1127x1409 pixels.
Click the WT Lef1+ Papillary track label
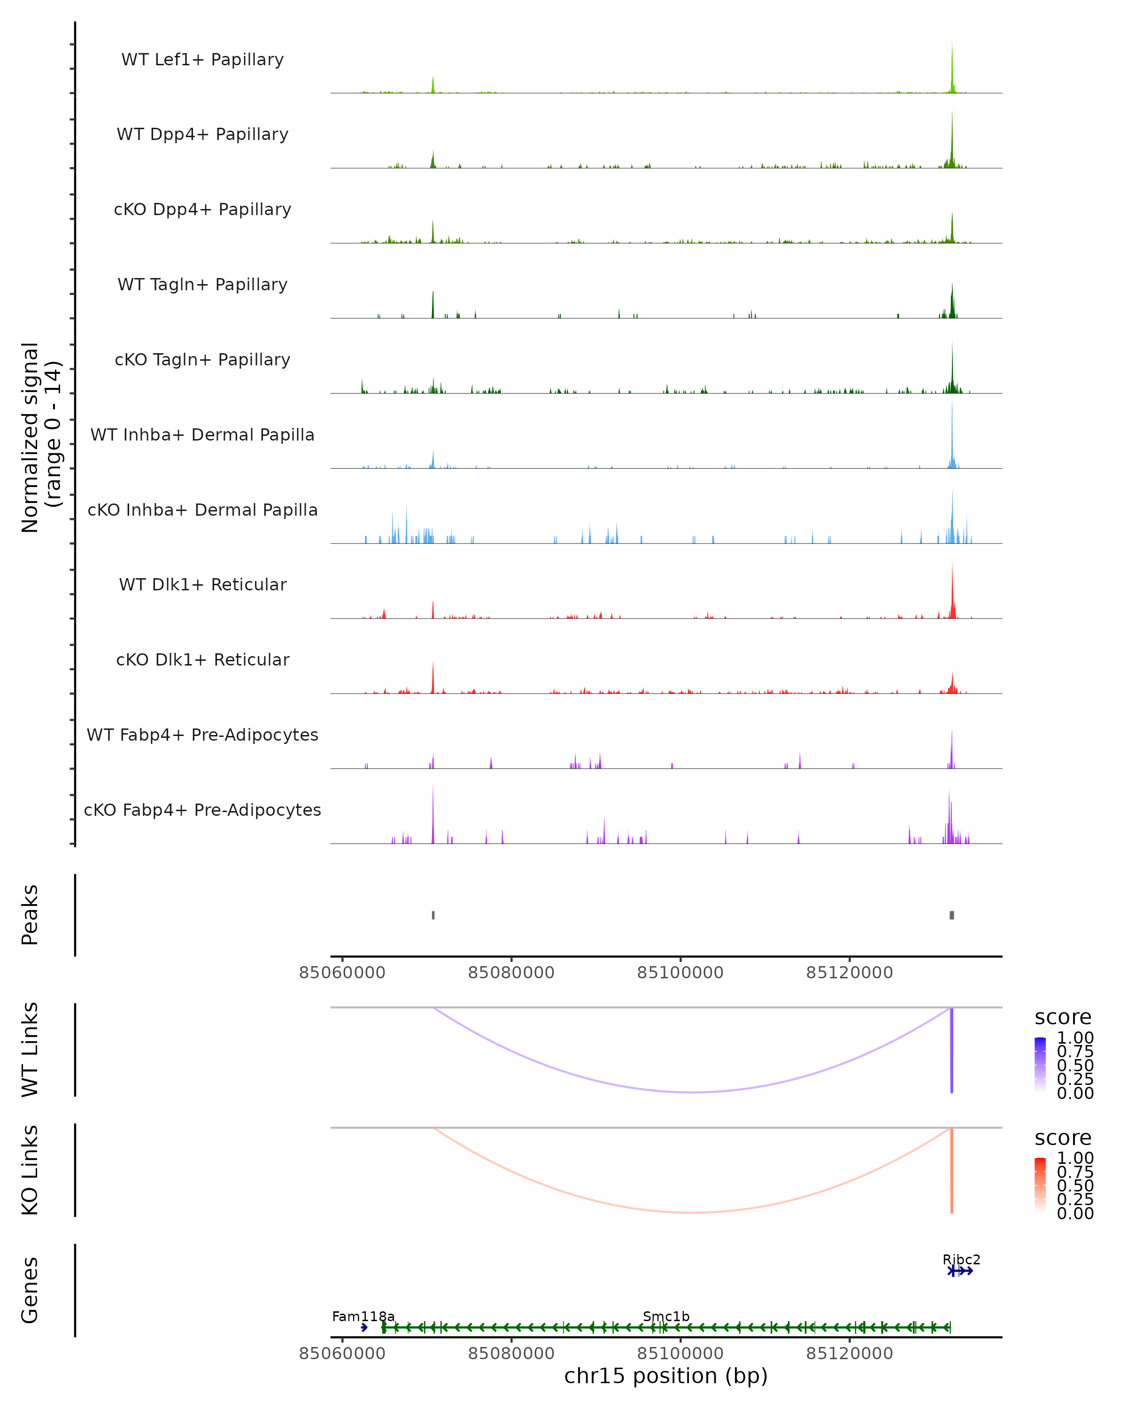point(202,60)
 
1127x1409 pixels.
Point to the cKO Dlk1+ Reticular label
point(202,659)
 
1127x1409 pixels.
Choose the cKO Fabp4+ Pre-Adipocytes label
point(202,810)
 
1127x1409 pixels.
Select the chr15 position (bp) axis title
point(666,1376)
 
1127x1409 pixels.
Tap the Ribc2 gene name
point(961,1259)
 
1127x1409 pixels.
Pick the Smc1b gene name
point(666,1316)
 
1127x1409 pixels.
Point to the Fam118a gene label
point(363,1316)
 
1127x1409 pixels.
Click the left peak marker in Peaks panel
point(433,915)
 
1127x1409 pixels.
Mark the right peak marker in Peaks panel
point(952,915)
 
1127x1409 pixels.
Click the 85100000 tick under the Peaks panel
point(680,973)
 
